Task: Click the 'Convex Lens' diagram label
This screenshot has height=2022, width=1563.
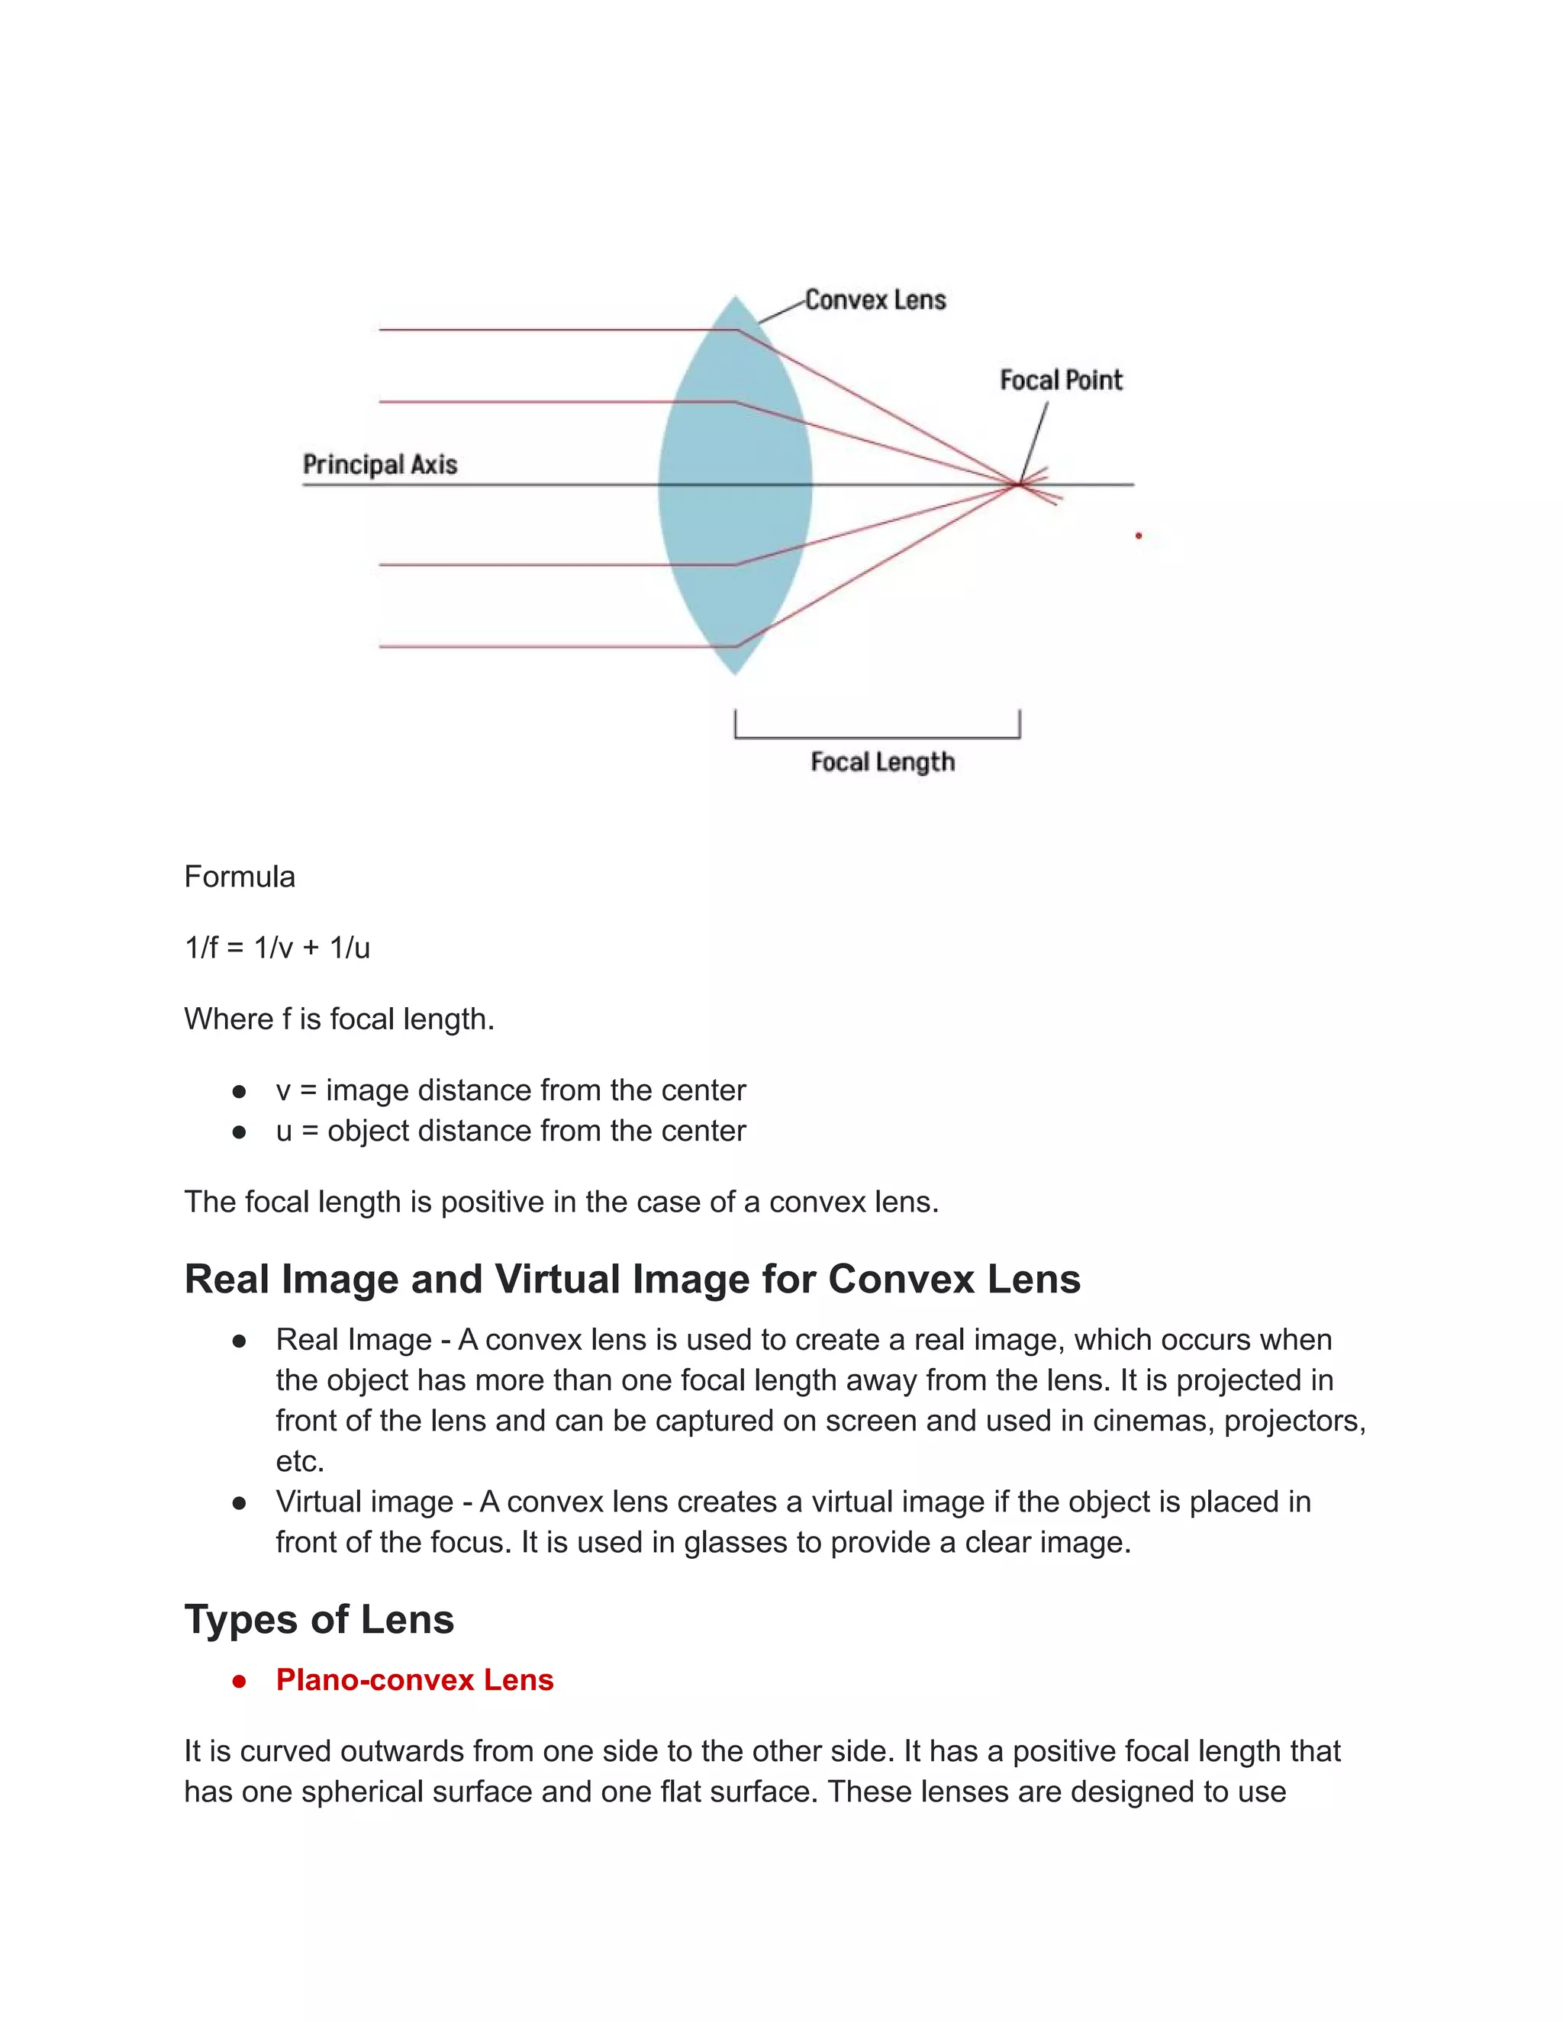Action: (x=875, y=300)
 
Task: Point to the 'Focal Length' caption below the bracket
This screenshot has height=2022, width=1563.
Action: (x=882, y=762)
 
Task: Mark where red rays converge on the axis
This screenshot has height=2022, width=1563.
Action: (x=1019, y=483)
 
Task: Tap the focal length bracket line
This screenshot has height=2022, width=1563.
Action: (x=877, y=737)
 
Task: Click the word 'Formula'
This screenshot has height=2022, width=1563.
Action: (x=239, y=877)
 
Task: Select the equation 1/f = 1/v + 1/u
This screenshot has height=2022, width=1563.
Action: (x=277, y=948)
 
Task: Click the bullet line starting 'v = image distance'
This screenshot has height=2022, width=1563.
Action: (x=511, y=1090)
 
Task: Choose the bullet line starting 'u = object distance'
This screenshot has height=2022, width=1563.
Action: (x=511, y=1132)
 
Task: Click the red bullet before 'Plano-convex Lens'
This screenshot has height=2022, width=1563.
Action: (x=239, y=1681)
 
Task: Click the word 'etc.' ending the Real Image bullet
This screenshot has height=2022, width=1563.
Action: (x=300, y=1462)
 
